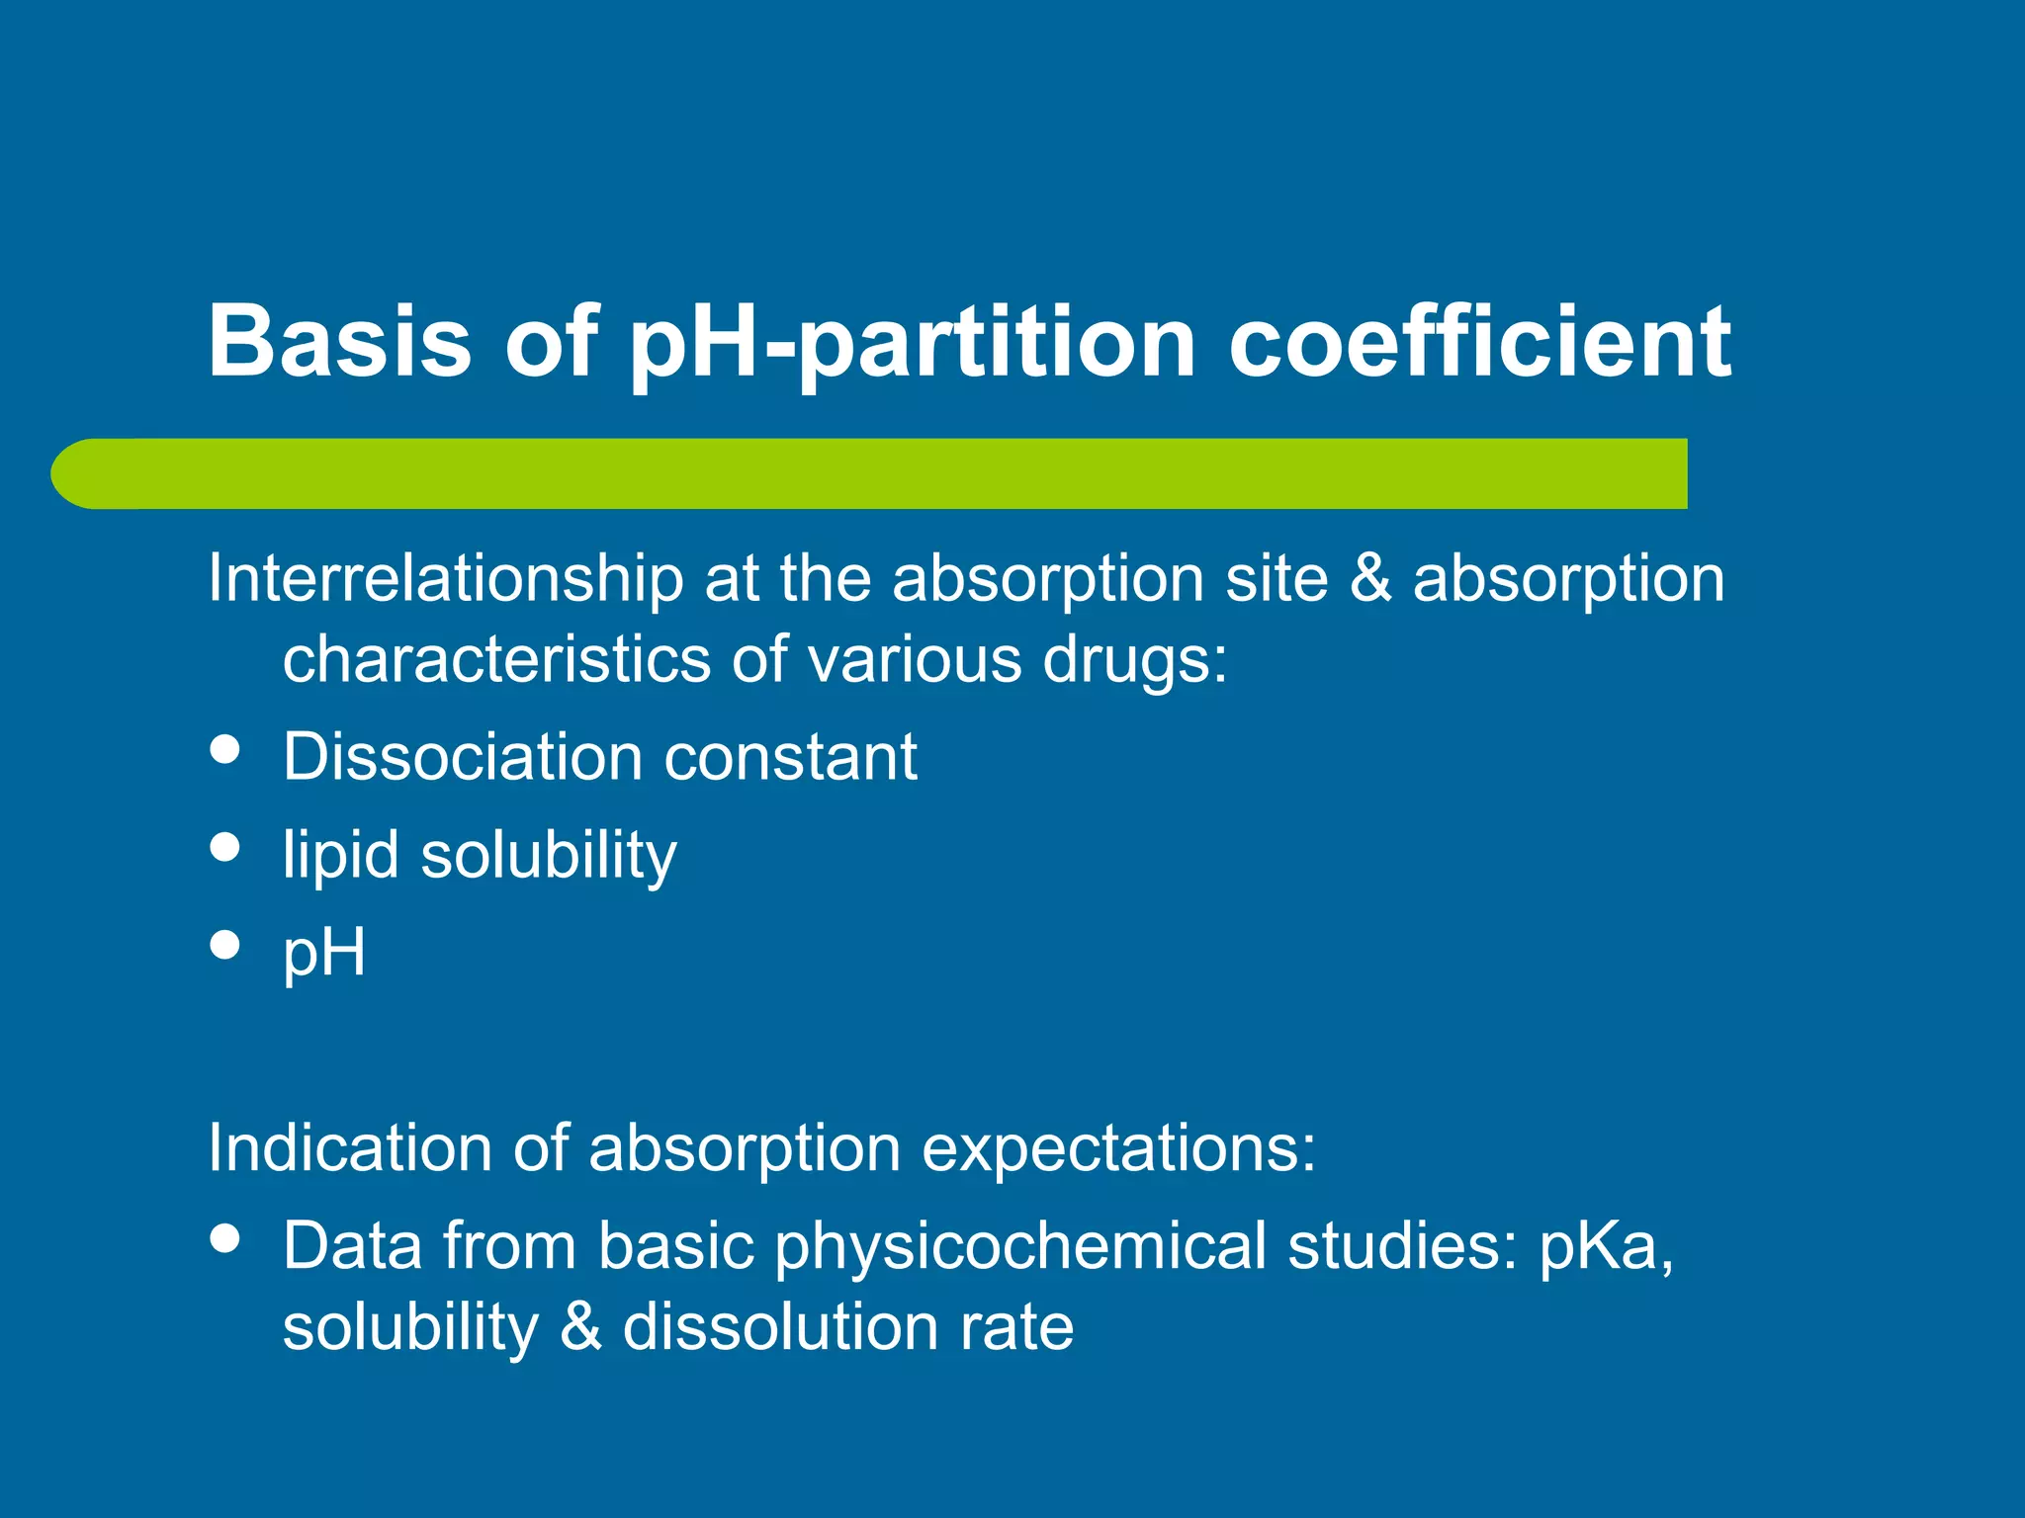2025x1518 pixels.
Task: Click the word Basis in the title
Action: (339, 341)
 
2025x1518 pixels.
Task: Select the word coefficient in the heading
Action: (1479, 341)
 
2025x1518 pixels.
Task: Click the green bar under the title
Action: (870, 473)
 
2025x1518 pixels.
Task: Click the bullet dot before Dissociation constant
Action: (225, 748)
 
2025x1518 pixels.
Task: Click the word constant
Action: (790, 758)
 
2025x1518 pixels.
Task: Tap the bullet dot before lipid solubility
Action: (225, 847)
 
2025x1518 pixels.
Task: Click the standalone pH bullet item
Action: (324, 954)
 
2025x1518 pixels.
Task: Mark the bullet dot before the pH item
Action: (225, 944)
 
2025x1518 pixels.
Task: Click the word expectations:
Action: (1118, 1148)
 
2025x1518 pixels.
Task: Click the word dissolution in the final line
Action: (780, 1327)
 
